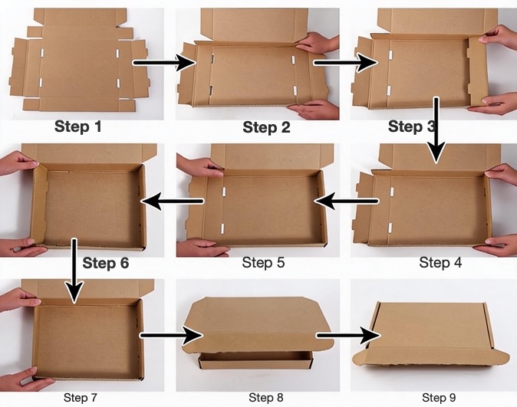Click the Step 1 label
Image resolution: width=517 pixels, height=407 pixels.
tap(78, 126)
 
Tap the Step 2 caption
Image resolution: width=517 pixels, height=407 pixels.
tap(266, 127)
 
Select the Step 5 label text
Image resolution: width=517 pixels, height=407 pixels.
tap(263, 263)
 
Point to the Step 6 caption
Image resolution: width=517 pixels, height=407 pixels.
tap(106, 263)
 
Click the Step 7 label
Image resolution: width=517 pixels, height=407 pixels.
tap(81, 398)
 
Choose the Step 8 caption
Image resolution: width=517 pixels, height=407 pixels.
tap(266, 398)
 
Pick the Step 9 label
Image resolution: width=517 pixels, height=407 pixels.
tap(439, 398)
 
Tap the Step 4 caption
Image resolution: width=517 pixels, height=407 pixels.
tap(440, 263)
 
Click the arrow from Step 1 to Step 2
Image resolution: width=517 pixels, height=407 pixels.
tap(164, 63)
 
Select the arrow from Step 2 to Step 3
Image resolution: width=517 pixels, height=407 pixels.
tap(345, 63)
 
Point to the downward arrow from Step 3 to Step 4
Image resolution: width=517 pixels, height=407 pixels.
tap(436, 130)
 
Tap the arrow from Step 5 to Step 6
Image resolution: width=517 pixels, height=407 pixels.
tap(173, 201)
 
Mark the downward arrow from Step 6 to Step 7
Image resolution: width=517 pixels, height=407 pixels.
tap(74, 271)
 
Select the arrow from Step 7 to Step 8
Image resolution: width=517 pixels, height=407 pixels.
tap(171, 336)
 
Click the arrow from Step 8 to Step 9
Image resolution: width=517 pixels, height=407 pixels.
tap(348, 336)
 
